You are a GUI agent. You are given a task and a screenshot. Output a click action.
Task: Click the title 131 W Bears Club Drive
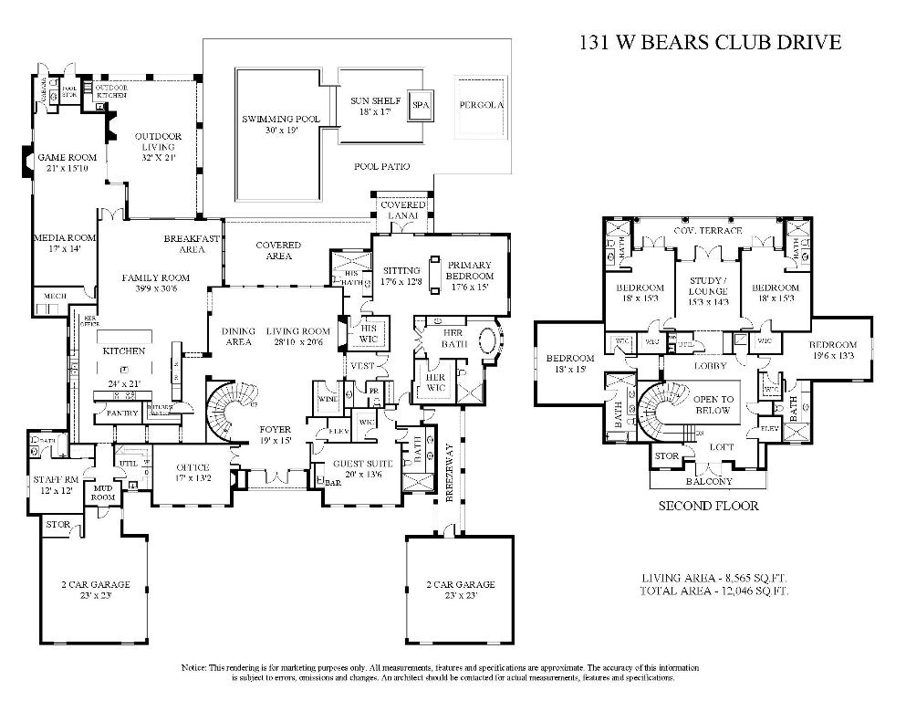pyautogui.click(x=710, y=43)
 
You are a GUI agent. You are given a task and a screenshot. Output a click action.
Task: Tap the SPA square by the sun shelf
pyautogui.click(x=420, y=105)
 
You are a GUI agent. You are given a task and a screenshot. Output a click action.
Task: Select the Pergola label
pyautogui.click(x=481, y=105)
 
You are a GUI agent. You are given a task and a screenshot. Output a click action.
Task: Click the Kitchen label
pyautogui.click(x=123, y=351)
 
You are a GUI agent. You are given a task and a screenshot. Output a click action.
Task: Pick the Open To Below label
pyautogui.click(x=713, y=404)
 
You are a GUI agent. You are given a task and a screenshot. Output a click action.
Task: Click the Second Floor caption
pyautogui.click(x=709, y=505)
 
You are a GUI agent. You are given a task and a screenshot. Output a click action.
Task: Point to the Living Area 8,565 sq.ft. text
pyautogui.click(x=714, y=578)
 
